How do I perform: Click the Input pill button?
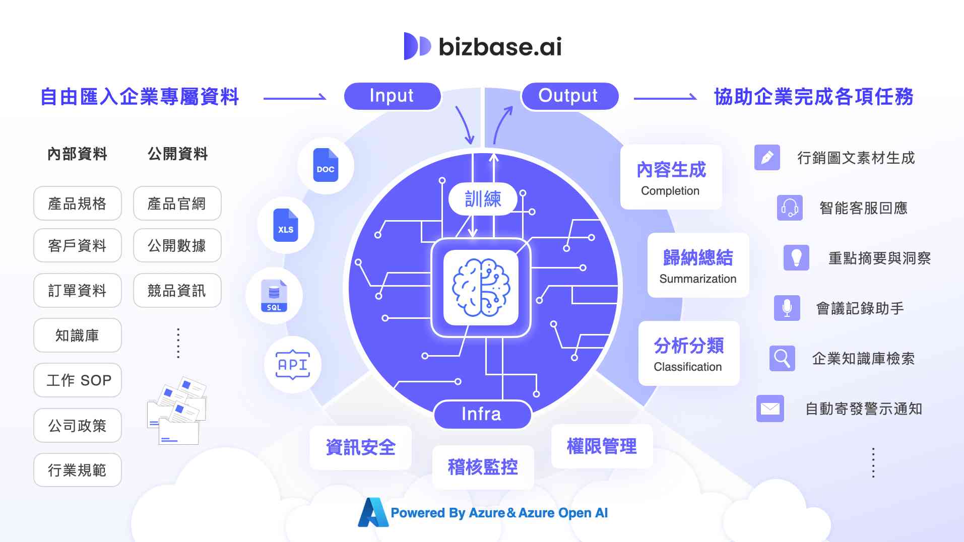click(392, 96)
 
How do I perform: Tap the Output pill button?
click(569, 96)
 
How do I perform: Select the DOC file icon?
click(326, 165)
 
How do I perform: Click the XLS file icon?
click(286, 225)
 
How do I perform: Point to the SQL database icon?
click(274, 296)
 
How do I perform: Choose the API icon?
click(293, 365)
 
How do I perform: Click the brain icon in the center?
click(481, 288)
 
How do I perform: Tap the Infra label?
click(482, 414)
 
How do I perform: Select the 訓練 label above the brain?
click(483, 199)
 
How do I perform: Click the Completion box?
click(671, 177)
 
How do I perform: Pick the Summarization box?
click(698, 265)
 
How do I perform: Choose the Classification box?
click(688, 354)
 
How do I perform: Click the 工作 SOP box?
click(78, 380)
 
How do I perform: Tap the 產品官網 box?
click(177, 204)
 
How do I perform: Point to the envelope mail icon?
click(770, 409)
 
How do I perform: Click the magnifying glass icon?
click(782, 358)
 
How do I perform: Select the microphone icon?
click(787, 308)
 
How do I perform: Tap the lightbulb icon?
click(796, 257)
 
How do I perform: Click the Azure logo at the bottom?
click(373, 512)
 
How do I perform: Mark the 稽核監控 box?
click(483, 467)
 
